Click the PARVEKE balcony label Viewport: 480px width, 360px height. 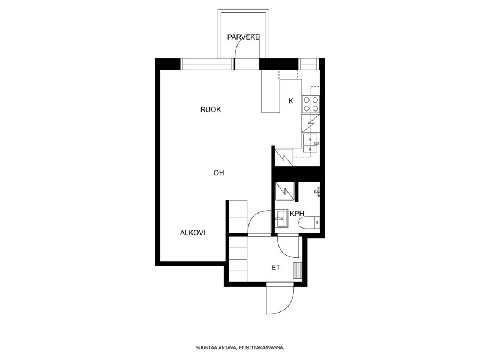point(244,37)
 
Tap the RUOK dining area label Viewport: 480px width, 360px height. point(211,110)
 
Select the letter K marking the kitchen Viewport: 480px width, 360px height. point(291,101)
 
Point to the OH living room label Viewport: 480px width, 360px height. point(218,173)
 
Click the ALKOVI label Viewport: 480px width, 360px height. point(193,233)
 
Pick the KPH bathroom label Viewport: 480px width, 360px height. point(297,214)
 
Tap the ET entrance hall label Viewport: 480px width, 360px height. point(276,268)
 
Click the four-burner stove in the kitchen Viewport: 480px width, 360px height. point(311,104)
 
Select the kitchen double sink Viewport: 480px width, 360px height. point(310,143)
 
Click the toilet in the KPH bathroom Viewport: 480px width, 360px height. point(309,223)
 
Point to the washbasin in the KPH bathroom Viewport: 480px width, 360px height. point(281,218)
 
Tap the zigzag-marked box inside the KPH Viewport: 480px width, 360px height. point(285,191)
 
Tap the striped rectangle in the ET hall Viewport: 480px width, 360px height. point(298,271)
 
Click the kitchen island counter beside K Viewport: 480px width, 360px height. point(271,91)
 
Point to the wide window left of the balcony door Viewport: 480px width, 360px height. point(205,64)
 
